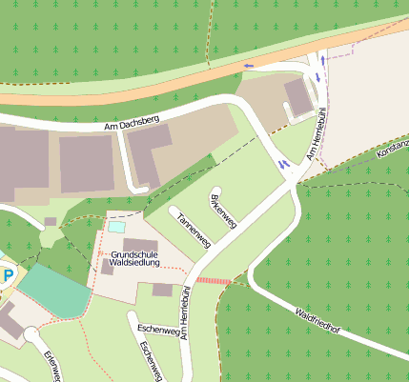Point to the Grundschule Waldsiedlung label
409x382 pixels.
click(139, 260)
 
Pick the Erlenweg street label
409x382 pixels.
click(51, 366)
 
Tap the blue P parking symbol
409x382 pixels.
click(9, 276)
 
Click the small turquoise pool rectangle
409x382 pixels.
click(116, 227)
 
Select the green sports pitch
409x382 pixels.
click(54, 290)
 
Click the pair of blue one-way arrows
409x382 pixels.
click(284, 164)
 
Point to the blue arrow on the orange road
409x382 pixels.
click(250, 66)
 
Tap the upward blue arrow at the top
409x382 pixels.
click(323, 60)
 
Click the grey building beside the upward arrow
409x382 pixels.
click(298, 96)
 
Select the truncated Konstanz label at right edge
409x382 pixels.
click(393, 147)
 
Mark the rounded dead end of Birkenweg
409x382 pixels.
click(216, 191)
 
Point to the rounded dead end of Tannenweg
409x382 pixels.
click(174, 209)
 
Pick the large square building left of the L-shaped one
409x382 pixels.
click(87, 163)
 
